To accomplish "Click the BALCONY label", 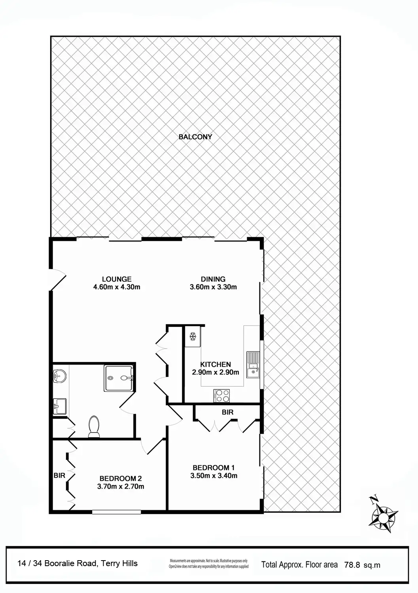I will [x=195, y=137].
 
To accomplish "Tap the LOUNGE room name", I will [x=116, y=279].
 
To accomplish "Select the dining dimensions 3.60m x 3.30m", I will [x=213, y=287].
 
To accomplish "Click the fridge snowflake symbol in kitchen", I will [x=193, y=336].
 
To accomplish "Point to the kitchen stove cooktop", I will [x=222, y=396].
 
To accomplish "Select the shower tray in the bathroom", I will [x=119, y=378].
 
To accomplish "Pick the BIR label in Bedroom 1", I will [x=227, y=412].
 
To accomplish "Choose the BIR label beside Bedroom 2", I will [x=59, y=476].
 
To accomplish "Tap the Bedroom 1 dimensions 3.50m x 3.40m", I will [x=214, y=476].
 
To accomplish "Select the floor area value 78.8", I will [x=352, y=565].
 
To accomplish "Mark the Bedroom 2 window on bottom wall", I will [x=116, y=512].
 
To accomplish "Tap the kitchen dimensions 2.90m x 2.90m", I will [x=215, y=372].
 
